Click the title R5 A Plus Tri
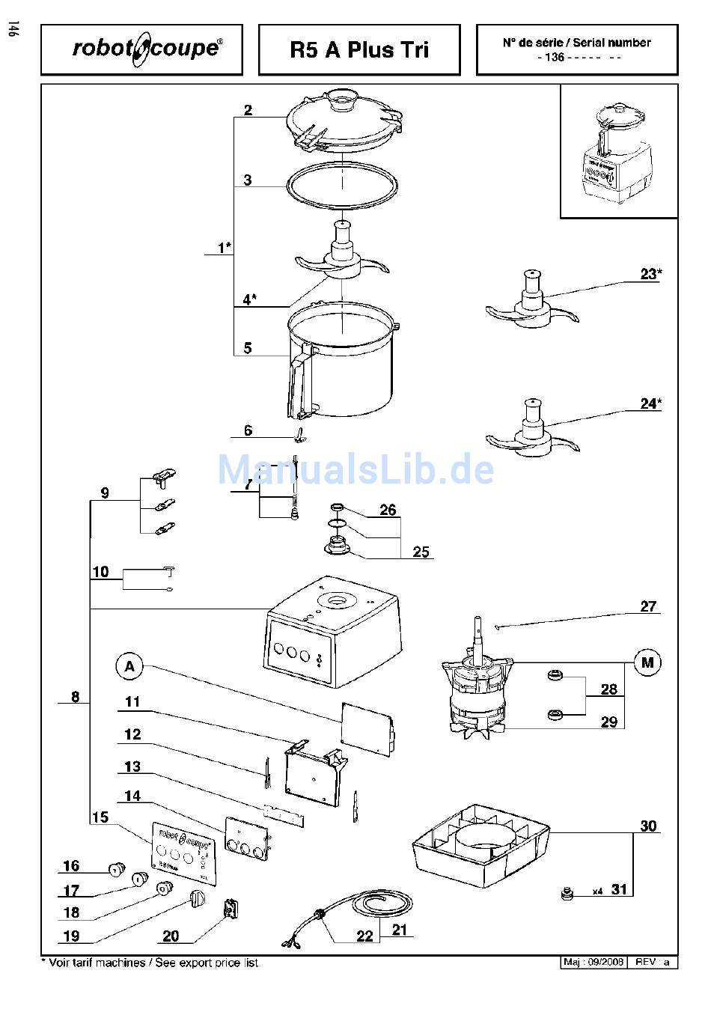[x=359, y=49]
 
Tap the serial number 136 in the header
[x=555, y=58]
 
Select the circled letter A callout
[x=129, y=666]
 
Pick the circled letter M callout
[x=647, y=662]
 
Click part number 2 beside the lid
[x=248, y=110]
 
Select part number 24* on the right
[x=650, y=403]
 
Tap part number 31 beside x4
[x=619, y=889]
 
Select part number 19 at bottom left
[x=71, y=936]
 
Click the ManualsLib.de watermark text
[x=355, y=470]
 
